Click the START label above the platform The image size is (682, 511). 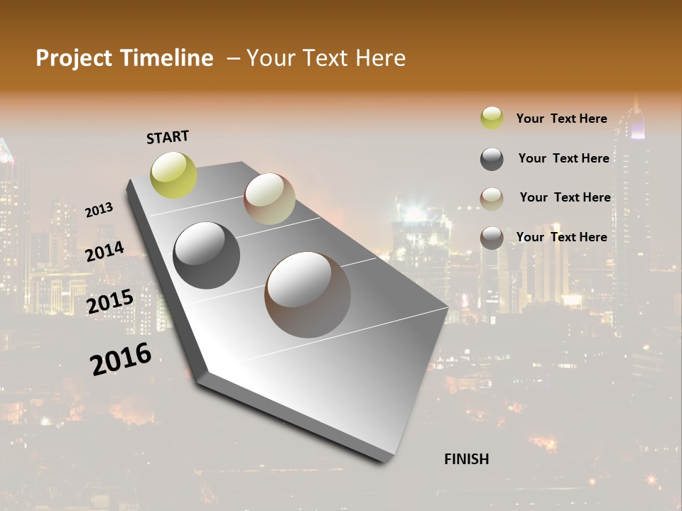pyautogui.click(x=168, y=137)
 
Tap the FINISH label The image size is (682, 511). pyautogui.click(x=466, y=459)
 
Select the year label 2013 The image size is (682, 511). pyautogui.click(x=99, y=210)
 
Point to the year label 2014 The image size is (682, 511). pyautogui.click(x=105, y=251)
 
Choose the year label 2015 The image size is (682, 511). pyautogui.click(x=110, y=302)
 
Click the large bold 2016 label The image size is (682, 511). pyautogui.click(x=121, y=359)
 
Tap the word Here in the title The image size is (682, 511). pyautogui.click(x=379, y=58)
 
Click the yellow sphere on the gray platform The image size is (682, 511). pyautogui.click(x=174, y=175)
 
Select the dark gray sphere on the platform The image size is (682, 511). pyautogui.click(x=206, y=255)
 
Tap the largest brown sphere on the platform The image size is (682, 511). pyautogui.click(x=308, y=295)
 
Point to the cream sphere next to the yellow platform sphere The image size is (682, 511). pyautogui.click(x=269, y=199)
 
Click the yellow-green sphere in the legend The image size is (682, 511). pyautogui.click(x=492, y=119)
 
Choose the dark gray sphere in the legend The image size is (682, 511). pyautogui.click(x=492, y=159)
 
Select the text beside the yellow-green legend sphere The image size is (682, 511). pyautogui.click(x=561, y=119)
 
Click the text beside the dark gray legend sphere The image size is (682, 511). pyautogui.click(x=563, y=158)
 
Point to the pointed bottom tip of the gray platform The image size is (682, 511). pyautogui.click(x=387, y=460)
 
